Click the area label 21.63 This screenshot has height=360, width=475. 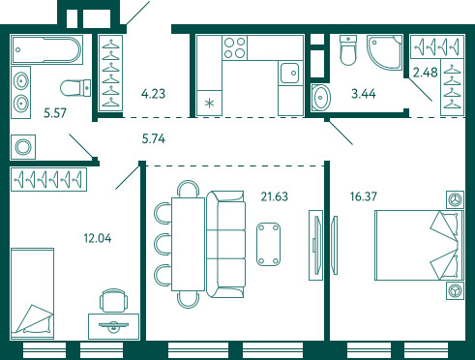[274, 196]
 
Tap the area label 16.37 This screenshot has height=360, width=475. [364, 196]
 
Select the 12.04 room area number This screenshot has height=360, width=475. [98, 238]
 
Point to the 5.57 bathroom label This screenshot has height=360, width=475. [55, 113]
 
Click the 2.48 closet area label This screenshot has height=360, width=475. [426, 73]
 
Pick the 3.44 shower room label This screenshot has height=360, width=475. [364, 94]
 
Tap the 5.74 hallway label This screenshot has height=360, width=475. [154, 139]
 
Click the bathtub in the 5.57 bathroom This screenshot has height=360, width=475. [47, 50]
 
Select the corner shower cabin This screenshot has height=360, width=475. [384, 52]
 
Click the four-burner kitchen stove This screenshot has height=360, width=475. [235, 48]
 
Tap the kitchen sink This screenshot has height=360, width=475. [289, 74]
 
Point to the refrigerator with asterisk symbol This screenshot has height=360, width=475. [210, 103]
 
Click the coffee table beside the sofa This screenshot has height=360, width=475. [268, 244]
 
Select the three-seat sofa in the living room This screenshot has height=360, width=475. [225, 244]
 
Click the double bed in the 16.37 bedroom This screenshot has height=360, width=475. [419, 245]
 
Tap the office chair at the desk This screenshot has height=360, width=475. [113, 301]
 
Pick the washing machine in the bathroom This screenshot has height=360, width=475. [23, 147]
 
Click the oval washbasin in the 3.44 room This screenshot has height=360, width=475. [321, 98]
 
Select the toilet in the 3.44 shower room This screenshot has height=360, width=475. [348, 50]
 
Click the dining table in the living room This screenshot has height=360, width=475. [189, 244]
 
